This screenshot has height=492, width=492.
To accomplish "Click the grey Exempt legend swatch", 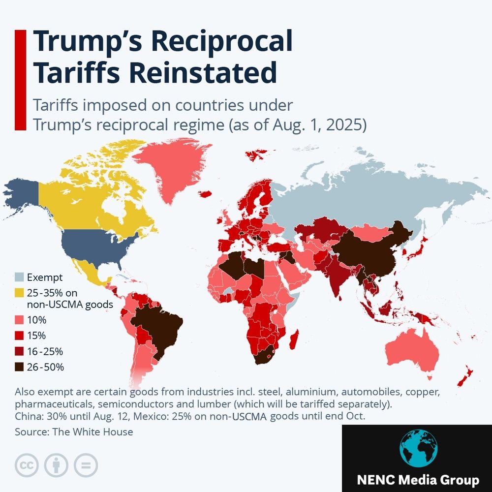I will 20,277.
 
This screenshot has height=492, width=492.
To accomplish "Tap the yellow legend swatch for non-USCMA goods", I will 20,293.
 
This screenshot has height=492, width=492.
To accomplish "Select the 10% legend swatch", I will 20,320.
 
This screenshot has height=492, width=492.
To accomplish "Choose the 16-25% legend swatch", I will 20,351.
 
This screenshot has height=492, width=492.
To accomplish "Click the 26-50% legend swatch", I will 20,367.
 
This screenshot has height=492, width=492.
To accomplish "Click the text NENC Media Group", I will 417,480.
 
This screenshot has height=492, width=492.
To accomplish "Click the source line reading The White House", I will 74,432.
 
